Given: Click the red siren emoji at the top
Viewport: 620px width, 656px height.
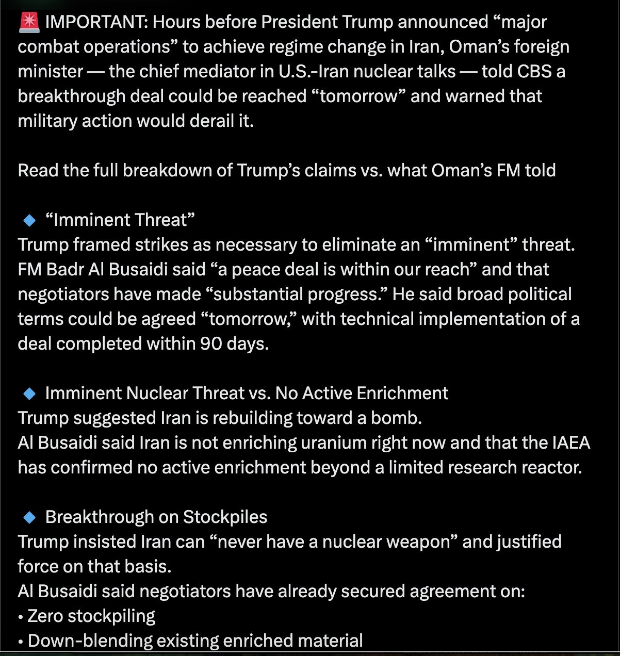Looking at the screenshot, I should click(29, 22).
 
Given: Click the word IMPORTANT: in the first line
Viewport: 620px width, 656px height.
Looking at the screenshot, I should click(96, 22).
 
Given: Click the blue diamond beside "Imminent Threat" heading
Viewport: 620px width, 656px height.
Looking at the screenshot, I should click(29, 220).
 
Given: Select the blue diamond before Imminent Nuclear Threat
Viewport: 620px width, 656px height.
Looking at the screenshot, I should click(29, 393).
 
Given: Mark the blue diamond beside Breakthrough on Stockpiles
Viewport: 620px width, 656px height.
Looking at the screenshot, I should click(29, 517).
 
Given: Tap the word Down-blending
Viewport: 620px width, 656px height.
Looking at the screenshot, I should click(90, 641).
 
